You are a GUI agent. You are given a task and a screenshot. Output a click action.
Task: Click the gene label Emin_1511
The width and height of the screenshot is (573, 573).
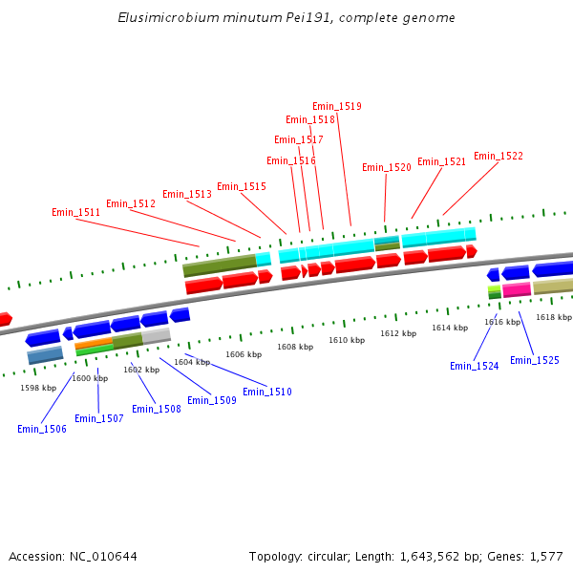pyautogui.click(x=75, y=212)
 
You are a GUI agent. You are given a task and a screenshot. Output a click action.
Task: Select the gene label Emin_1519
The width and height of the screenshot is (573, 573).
pyautogui.click(x=336, y=106)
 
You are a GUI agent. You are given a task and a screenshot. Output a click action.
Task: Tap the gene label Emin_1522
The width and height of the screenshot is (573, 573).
pyautogui.click(x=498, y=156)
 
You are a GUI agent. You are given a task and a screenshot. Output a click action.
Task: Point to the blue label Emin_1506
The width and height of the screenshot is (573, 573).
pyautogui.click(x=42, y=429)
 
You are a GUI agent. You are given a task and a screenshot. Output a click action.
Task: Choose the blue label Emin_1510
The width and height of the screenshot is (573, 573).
pyautogui.click(x=267, y=392)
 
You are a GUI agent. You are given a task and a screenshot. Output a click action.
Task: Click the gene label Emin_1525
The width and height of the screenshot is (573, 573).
pyautogui.click(x=534, y=360)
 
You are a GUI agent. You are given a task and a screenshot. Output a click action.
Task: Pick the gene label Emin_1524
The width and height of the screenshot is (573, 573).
pyautogui.click(x=474, y=366)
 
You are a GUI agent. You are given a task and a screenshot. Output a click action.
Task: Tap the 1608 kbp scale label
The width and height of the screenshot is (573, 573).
pyautogui.click(x=295, y=347)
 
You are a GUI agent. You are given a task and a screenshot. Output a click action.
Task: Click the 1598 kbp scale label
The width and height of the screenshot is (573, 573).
pyautogui.click(x=38, y=388)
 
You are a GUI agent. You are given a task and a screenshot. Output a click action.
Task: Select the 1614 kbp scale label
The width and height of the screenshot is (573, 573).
pyautogui.click(x=450, y=328)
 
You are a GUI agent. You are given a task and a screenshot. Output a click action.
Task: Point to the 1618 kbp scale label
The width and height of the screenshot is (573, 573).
pyautogui.click(x=553, y=317)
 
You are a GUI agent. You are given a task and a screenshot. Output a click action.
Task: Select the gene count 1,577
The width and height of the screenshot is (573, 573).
pyautogui.click(x=545, y=556)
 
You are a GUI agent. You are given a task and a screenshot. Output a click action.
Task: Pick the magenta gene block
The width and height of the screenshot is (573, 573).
pyautogui.click(x=517, y=288)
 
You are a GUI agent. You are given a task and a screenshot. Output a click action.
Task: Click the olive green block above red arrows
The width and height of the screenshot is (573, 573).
pyautogui.click(x=219, y=265)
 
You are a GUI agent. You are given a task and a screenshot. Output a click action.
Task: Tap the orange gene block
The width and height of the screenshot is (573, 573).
pyautogui.click(x=94, y=343)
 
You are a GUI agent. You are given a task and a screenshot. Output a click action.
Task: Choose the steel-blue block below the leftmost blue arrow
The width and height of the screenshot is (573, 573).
pyautogui.click(x=45, y=355)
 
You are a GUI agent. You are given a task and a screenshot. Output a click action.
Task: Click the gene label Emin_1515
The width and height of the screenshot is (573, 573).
pyautogui.click(x=241, y=186)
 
